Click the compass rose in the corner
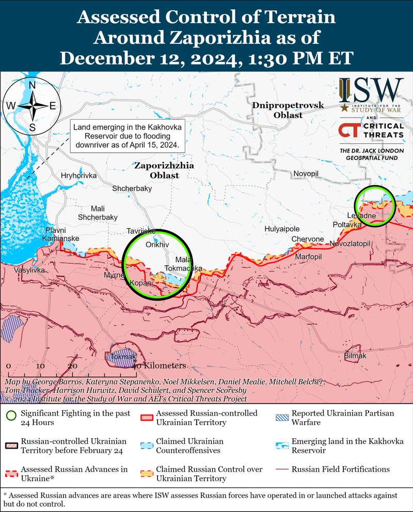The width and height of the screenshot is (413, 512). (32, 106)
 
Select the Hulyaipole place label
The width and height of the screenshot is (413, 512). (282, 229)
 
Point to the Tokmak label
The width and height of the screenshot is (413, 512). (120, 357)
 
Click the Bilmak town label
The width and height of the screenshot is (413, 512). (355, 356)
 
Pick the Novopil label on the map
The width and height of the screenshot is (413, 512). (307, 174)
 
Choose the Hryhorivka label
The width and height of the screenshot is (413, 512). (79, 175)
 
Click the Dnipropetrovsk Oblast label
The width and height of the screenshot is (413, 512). (289, 110)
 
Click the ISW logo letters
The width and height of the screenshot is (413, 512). (371, 90)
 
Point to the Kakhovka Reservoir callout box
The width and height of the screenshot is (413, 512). (127, 136)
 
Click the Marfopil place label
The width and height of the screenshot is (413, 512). (308, 257)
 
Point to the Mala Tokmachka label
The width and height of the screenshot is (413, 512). (184, 264)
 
